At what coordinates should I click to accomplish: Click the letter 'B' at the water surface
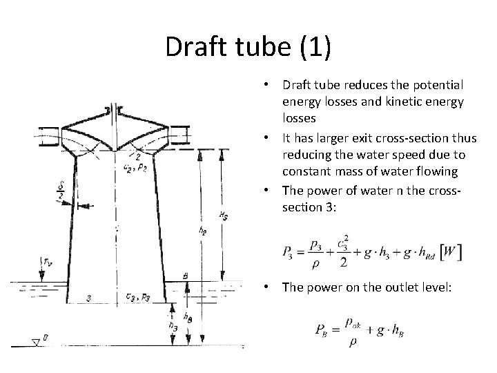coord(185,276)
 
